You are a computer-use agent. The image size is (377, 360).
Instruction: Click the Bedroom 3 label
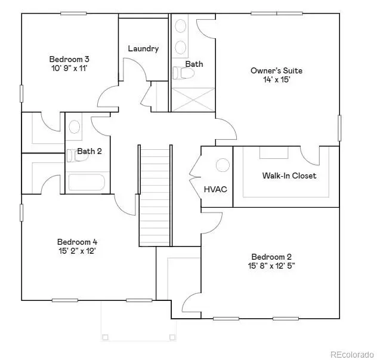pos(69,59)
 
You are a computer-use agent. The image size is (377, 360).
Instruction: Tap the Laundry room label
pos(143,48)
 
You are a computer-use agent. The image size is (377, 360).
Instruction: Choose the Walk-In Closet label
pos(289,176)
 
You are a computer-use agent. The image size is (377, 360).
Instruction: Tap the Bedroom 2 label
pos(271,256)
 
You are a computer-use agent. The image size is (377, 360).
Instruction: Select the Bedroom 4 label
pos(77,242)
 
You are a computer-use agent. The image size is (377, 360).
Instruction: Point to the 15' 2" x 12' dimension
pos(77,251)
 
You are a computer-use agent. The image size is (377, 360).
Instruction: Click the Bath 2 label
pos(89,151)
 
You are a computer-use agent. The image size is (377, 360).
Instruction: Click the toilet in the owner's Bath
pos(184,73)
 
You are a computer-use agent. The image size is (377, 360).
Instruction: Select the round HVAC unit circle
pos(223,165)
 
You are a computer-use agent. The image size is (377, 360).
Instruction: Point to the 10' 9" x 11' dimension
pos(69,68)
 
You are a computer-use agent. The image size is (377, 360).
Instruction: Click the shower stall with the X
pos(193,99)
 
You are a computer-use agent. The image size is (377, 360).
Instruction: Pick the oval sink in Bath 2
pos(75,126)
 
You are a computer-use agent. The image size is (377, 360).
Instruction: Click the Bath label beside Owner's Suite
pos(194,64)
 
